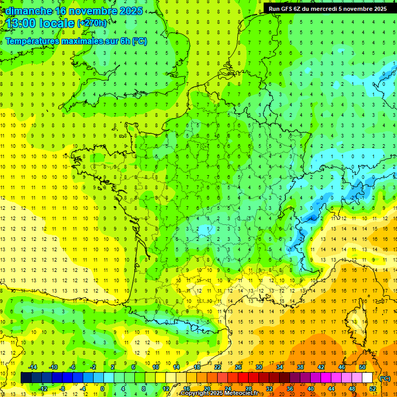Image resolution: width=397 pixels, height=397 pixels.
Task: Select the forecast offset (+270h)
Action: coord(93,23)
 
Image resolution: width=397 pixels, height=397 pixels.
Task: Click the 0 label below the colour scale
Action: coord(102,389)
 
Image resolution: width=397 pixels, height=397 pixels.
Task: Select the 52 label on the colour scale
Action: coord(373,389)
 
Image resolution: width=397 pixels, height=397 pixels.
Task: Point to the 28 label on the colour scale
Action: coord(249,389)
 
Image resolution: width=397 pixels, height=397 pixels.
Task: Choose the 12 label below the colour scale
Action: coord(165,389)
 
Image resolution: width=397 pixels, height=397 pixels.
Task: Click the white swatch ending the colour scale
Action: coord(368,378)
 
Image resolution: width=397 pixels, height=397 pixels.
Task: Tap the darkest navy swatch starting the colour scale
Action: coord(26,378)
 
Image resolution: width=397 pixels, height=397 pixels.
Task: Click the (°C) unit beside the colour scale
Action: coord(386,378)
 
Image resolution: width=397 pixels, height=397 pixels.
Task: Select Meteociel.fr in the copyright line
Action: coord(243,394)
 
